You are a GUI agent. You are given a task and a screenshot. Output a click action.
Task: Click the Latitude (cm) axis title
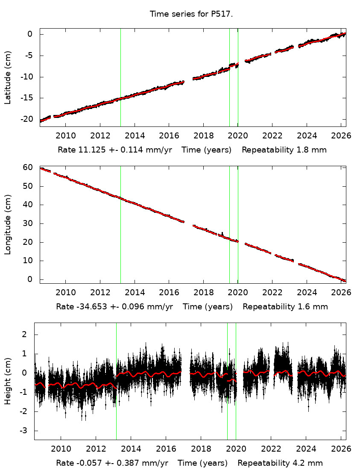[x=8, y=77]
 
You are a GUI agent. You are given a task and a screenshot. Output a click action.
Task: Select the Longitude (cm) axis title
[x=8, y=224]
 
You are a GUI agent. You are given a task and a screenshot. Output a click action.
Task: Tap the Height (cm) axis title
[x=8, y=381]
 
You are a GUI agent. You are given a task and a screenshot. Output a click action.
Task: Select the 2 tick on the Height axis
[x=28, y=335]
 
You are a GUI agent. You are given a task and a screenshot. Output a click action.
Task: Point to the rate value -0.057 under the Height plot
[x=84, y=463]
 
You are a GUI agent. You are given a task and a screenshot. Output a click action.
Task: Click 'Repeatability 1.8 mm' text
[x=284, y=150]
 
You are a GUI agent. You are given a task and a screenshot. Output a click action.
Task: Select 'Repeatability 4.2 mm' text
[x=280, y=463]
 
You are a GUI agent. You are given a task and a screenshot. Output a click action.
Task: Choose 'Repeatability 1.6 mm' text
[x=285, y=306]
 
